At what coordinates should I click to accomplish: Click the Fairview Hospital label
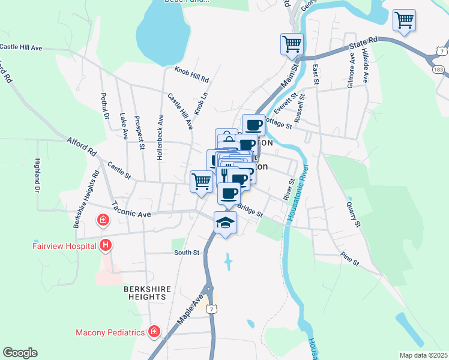click(65, 245)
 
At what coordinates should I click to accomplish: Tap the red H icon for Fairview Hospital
click(106, 245)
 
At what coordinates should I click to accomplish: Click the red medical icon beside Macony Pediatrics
click(154, 331)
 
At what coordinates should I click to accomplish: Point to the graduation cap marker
click(225, 223)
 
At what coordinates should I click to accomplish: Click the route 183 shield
click(439, 70)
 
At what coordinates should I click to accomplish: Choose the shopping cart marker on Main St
click(291, 43)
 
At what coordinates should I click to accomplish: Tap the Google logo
click(20, 353)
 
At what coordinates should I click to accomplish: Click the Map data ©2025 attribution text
click(423, 355)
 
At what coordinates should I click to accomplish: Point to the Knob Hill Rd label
click(191, 74)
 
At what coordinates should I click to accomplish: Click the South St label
click(186, 253)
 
